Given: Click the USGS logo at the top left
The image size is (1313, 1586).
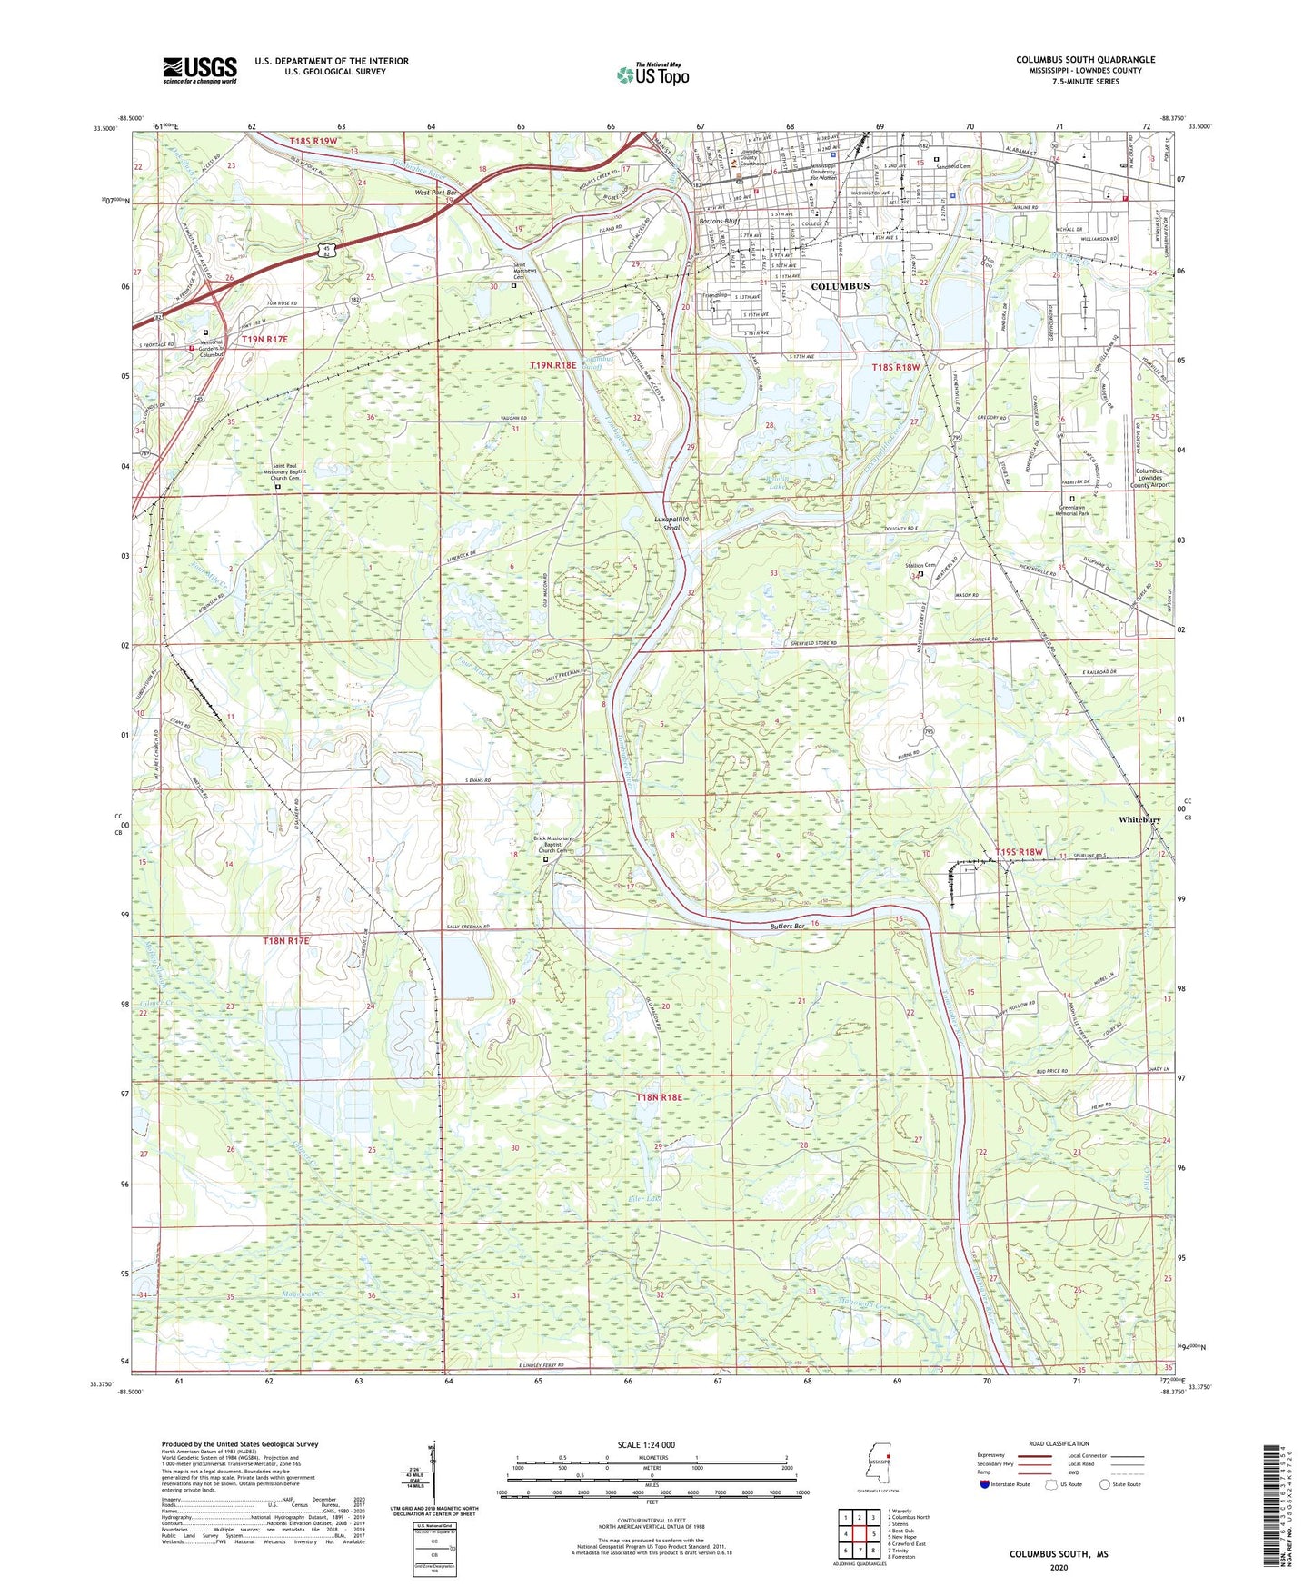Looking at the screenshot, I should [x=200, y=70].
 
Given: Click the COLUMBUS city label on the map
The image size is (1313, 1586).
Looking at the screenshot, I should [x=840, y=286].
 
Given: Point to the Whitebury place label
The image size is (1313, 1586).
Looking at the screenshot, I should [x=1139, y=819].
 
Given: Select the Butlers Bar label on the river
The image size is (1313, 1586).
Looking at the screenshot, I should [x=787, y=927].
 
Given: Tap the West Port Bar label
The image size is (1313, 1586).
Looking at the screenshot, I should [x=435, y=193].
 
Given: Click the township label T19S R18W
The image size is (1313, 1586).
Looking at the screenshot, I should [x=1019, y=852].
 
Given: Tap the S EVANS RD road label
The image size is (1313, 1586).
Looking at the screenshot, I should [x=478, y=780].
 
